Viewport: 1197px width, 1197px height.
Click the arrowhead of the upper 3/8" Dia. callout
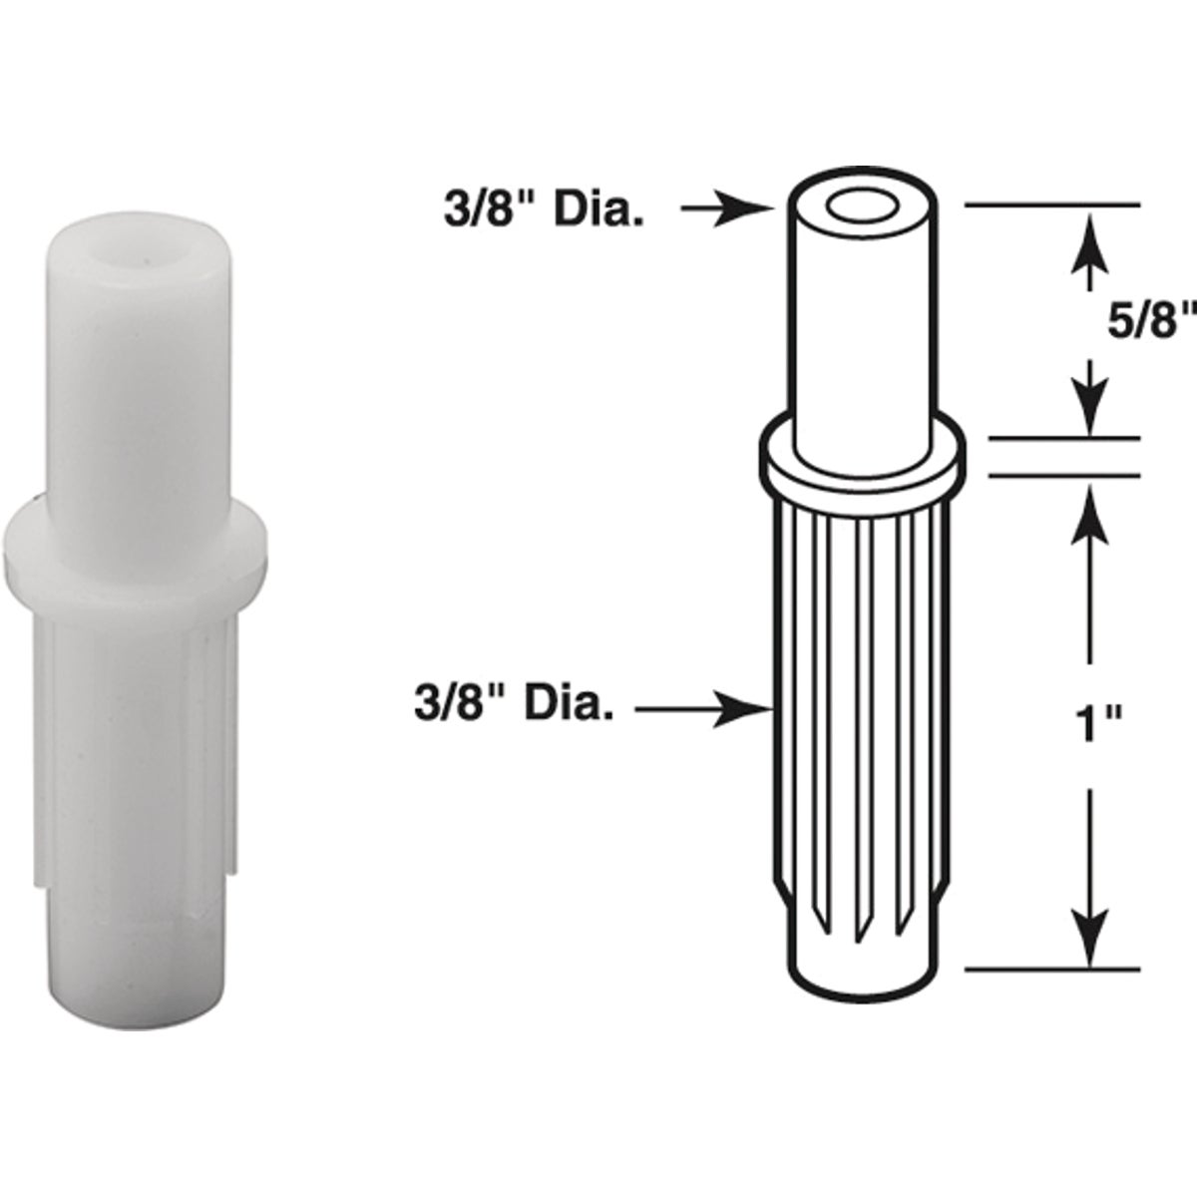(758, 209)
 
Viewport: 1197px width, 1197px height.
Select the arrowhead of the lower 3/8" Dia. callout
(758, 709)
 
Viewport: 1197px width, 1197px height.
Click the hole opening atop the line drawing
(864, 210)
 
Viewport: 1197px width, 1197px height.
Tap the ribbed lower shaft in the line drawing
(864, 698)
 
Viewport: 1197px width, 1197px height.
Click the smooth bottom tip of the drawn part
(864, 963)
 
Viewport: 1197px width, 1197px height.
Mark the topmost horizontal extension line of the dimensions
(1052, 204)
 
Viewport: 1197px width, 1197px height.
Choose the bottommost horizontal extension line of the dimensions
(1052, 969)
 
